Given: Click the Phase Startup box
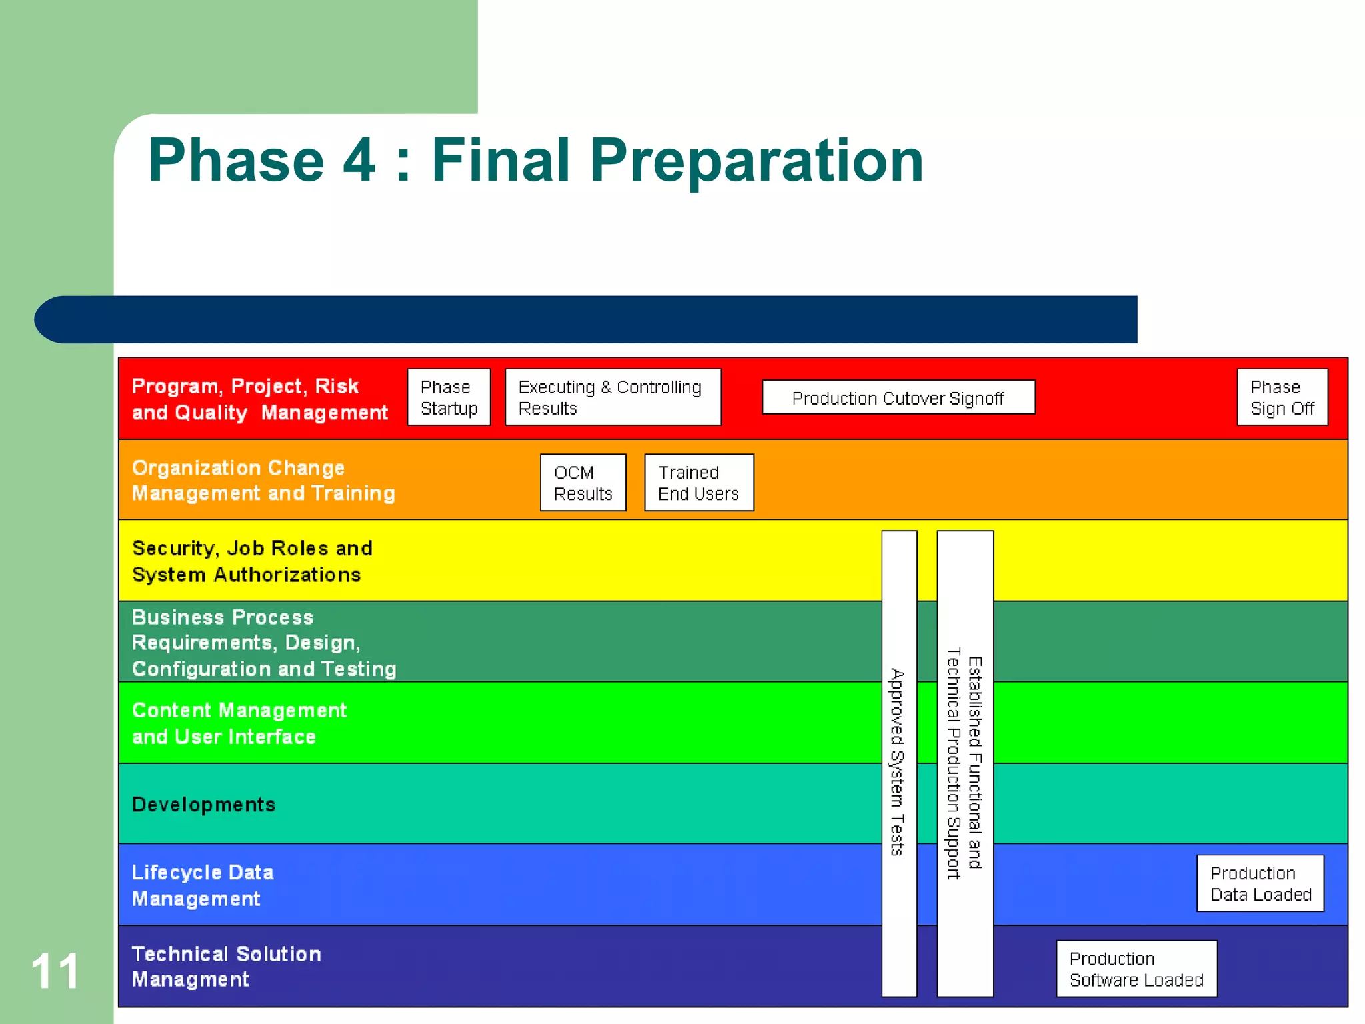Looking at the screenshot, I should [x=449, y=397].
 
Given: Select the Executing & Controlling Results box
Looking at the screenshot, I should [x=613, y=397].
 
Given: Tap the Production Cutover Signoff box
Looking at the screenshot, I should [x=898, y=398].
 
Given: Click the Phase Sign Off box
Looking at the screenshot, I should [x=1282, y=397].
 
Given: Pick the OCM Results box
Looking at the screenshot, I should [x=583, y=483].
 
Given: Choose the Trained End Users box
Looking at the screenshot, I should [x=698, y=483].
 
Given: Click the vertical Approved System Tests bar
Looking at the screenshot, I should [x=898, y=763].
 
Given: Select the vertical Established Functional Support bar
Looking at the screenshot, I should [x=964, y=763].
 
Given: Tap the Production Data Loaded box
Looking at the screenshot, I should [x=1260, y=883].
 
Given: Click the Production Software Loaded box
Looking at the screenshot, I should [x=1136, y=969].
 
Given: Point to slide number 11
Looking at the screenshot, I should [x=55, y=971].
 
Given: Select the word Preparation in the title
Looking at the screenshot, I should [x=756, y=161].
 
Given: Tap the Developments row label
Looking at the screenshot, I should [x=203, y=805].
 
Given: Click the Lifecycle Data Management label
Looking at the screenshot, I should [x=203, y=885].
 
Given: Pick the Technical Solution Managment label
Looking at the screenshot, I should [x=226, y=967].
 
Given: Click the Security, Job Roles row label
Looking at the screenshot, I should [x=252, y=561].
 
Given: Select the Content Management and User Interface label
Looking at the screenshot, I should [x=239, y=723].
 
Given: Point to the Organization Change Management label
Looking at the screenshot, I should [x=263, y=481].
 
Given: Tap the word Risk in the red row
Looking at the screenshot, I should [x=337, y=387].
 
